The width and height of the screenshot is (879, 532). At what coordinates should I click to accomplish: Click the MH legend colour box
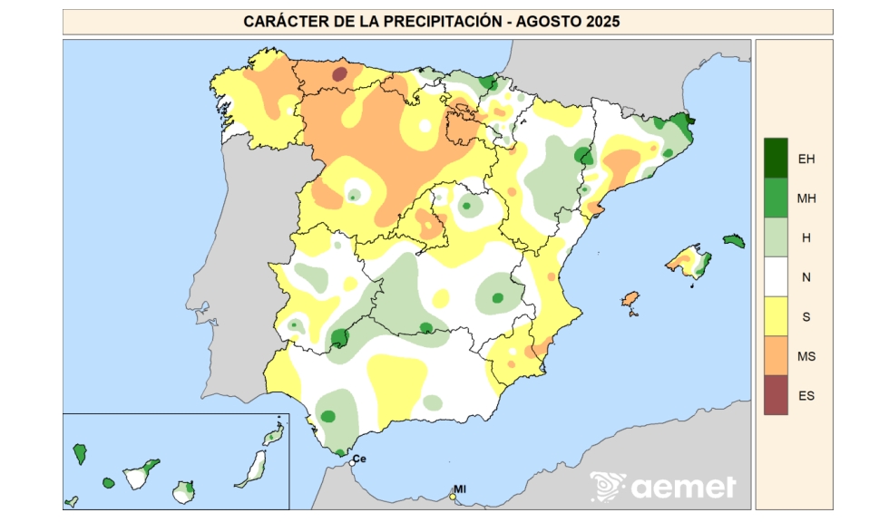point(776,197)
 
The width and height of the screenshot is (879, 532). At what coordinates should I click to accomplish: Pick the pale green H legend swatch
point(776,237)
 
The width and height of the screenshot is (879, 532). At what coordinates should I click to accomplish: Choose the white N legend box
point(776,276)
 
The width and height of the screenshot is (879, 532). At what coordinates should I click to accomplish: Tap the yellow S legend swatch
point(776,316)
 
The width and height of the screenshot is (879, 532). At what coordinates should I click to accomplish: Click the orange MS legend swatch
point(776,355)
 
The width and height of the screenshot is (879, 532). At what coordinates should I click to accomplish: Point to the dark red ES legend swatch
point(776,395)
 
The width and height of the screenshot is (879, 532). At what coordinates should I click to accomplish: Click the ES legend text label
point(806,396)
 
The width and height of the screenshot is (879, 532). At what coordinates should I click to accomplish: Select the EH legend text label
point(806,159)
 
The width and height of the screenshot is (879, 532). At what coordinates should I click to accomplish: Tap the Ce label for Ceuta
point(360,458)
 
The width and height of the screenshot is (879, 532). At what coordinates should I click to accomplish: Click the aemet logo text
point(683,487)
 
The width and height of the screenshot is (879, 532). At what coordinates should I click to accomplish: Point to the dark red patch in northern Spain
point(338,73)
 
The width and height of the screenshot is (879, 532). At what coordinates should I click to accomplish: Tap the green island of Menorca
point(734,241)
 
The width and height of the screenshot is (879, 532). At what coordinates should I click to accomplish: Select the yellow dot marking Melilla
point(453,496)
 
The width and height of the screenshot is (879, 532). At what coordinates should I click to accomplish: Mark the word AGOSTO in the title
point(543,22)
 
